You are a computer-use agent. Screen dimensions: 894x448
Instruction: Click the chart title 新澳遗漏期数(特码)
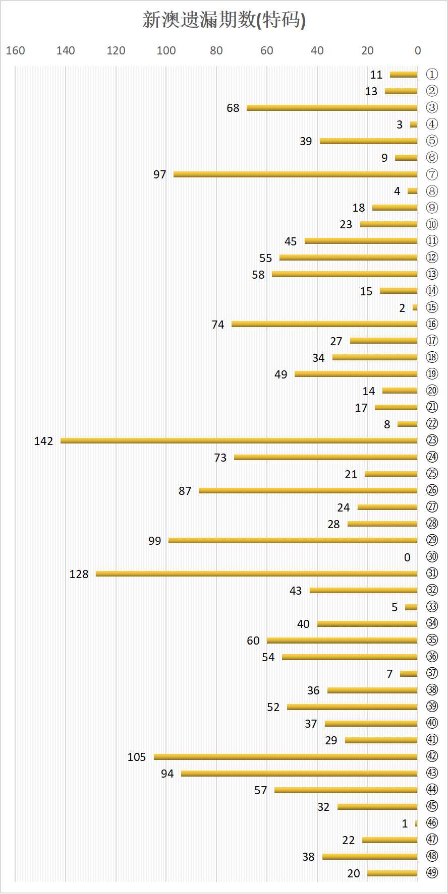224,20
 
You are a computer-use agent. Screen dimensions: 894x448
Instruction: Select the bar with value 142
239,441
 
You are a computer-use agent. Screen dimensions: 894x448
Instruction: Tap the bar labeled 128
256,574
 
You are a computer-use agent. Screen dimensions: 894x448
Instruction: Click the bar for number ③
332,108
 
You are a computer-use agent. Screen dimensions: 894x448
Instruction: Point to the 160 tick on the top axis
16,51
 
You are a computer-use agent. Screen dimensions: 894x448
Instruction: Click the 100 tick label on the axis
166,51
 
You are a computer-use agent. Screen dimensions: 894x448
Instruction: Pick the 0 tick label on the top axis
418,51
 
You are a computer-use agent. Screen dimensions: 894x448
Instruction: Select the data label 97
160,175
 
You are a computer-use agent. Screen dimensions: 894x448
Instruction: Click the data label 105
137,757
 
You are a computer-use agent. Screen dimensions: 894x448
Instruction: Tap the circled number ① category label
432,75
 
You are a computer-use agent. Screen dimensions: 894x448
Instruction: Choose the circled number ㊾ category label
432,873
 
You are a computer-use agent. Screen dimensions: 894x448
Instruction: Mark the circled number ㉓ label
432,440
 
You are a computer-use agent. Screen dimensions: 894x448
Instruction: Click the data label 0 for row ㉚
407,557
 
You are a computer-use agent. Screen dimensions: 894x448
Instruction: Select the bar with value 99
293,541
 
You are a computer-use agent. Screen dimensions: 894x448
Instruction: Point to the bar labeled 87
308,491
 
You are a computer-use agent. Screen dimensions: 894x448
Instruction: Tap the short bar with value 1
416,823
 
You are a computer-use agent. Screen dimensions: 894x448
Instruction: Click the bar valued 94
299,774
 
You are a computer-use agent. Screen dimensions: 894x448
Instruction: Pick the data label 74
218,325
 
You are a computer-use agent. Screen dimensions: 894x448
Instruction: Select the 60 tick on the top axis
267,51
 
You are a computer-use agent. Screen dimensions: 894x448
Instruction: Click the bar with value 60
342,641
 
